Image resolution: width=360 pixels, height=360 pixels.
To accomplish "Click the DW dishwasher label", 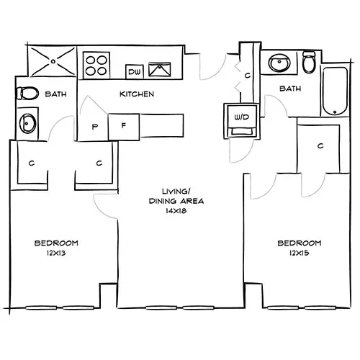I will point(134,71).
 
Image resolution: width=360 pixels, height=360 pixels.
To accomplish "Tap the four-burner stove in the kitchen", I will point(96,63).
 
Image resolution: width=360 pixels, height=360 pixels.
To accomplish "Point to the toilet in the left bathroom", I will point(28,94).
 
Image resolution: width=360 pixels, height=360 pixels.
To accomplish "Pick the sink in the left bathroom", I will point(27,122).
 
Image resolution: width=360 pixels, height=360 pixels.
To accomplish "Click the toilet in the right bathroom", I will point(310,63).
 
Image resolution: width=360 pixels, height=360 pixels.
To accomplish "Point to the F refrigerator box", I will point(124,125).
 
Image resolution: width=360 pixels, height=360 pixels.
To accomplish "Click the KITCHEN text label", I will point(137,94).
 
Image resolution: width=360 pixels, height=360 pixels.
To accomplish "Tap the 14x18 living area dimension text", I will point(174,212).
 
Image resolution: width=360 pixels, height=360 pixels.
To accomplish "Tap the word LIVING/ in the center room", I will point(174,191).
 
